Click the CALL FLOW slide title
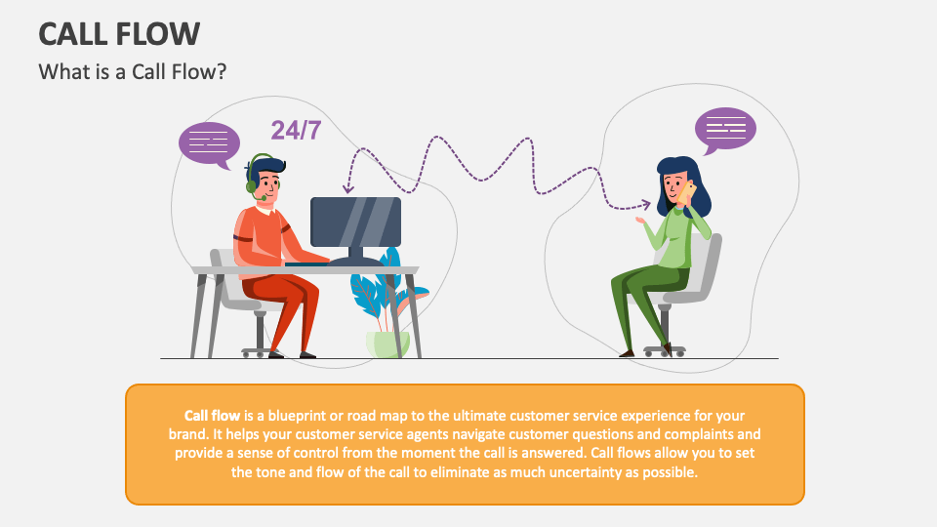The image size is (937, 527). [119, 33]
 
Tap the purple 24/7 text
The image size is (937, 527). [296, 131]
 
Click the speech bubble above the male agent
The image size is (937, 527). [209, 142]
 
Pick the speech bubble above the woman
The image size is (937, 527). [725, 128]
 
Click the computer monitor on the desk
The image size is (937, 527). [355, 222]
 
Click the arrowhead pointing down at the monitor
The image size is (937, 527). [346, 188]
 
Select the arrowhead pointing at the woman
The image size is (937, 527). [645, 204]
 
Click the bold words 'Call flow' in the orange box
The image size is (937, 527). [213, 414]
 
